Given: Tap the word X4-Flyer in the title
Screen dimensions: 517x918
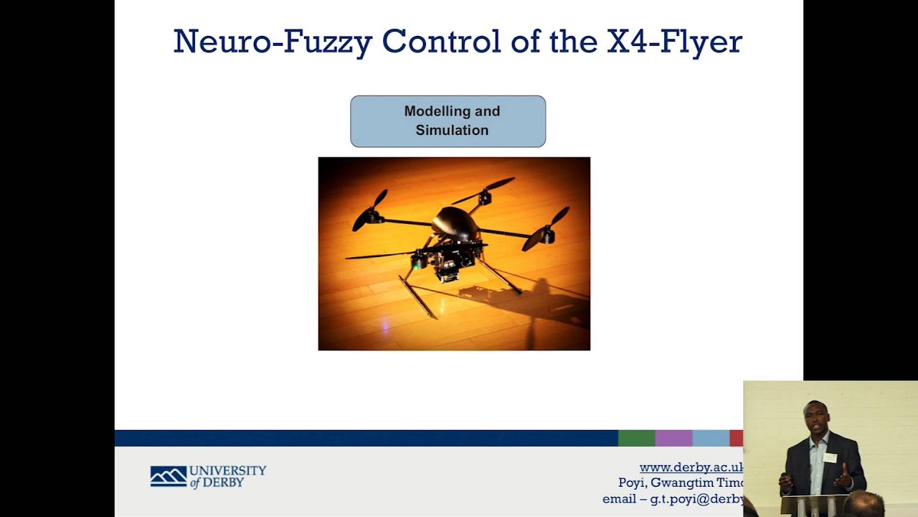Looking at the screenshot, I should [674, 42].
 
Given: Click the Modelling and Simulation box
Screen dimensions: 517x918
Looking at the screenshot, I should [448, 121].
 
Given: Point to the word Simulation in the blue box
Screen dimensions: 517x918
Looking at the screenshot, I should [452, 131].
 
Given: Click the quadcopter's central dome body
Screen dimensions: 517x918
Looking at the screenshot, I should [455, 223].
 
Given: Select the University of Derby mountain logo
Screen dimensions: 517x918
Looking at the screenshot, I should [168, 476].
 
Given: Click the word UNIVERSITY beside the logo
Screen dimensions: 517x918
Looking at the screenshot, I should [228, 470].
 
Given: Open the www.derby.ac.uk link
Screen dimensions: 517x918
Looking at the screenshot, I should [691, 467].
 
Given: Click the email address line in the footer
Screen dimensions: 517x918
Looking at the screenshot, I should [673, 499].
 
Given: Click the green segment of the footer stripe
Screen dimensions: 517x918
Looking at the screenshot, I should [636, 438].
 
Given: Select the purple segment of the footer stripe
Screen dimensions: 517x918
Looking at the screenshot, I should [673, 438].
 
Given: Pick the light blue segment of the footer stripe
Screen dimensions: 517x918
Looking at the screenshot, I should [710, 438].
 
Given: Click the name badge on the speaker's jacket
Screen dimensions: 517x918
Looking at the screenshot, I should [830, 457].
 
